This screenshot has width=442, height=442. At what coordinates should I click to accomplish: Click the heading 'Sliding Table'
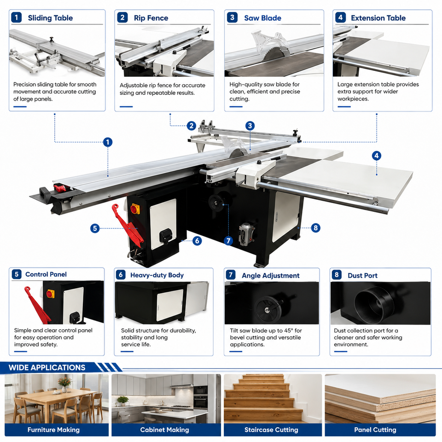click(x=50, y=18)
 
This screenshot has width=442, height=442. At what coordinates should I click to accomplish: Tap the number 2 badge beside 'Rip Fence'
click(x=122, y=17)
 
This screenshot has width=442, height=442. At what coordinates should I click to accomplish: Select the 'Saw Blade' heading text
click(x=262, y=18)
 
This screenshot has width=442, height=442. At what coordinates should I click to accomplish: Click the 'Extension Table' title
click(x=378, y=18)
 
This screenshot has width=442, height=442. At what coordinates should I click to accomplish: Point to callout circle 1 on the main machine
click(x=108, y=142)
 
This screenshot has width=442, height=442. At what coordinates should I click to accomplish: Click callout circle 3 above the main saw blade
click(x=250, y=126)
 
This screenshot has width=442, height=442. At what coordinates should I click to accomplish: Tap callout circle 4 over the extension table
click(x=377, y=156)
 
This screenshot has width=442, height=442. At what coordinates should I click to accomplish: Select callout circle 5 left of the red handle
click(x=95, y=228)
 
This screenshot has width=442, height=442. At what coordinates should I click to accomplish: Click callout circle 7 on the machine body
click(x=228, y=241)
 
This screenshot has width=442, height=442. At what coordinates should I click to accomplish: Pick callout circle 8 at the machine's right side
click(x=315, y=228)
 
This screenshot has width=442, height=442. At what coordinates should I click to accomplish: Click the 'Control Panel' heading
click(x=46, y=274)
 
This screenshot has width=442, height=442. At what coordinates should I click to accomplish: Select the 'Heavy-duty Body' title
click(x=157, y=275)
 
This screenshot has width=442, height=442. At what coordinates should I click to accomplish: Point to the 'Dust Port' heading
click(x=362, y=275)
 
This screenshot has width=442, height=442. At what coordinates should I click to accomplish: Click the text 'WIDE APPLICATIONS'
click(x=47, y=367)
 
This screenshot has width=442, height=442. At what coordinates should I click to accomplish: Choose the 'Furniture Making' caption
click(x=53, y=430)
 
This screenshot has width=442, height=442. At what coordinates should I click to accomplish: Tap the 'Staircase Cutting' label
click(x=271, y=430)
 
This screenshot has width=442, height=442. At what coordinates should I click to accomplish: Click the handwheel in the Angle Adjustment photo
click(x=267, y=309)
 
